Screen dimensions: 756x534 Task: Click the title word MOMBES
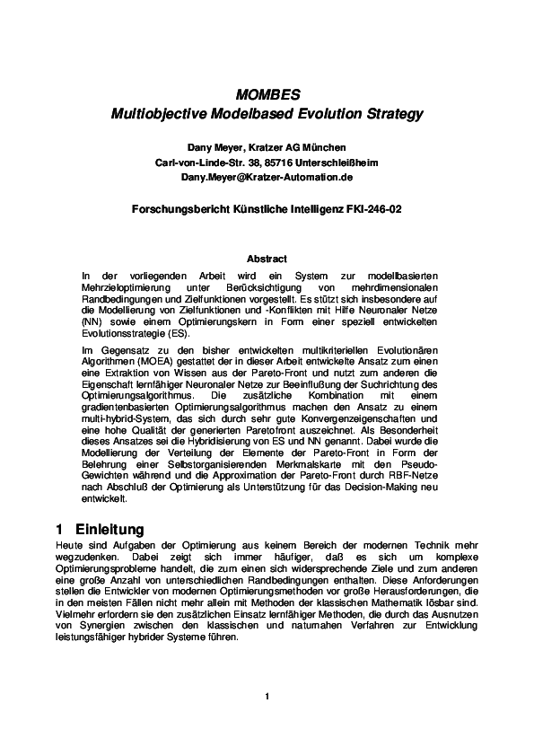pos(267,94)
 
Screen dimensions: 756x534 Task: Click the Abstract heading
pos(267,259)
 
